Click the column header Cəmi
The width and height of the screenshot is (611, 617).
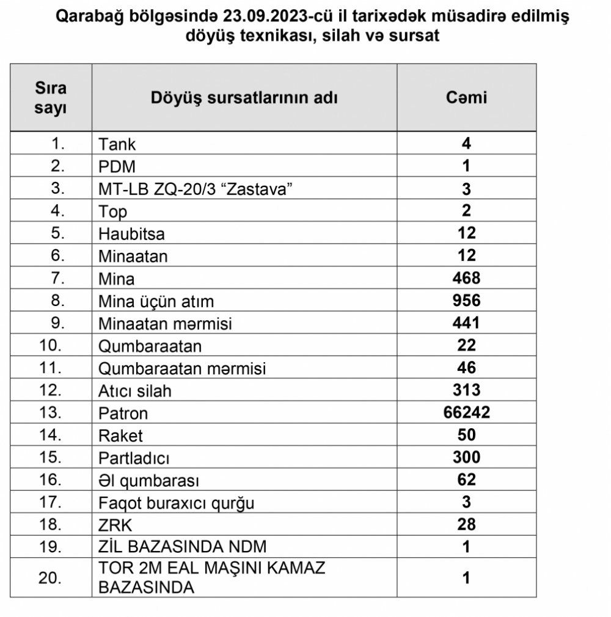pos(467,97)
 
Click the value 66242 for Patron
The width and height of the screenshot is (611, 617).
pos(467,413)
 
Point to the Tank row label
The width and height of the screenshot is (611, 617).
pos(117,145)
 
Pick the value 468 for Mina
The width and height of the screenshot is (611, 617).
pos(467,279)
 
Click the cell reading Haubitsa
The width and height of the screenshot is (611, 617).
pos(131,234)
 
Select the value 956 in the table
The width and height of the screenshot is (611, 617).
pos(467,301)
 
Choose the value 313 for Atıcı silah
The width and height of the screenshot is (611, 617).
pos(467,390)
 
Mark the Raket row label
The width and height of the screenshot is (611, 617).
pos(120,436)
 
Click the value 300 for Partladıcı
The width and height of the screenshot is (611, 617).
pos(467,458)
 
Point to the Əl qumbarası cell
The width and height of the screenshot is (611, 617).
pos(149,481)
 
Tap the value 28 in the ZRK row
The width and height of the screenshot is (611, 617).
pos(467,525)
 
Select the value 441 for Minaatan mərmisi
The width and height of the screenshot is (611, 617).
pos(467,323)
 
